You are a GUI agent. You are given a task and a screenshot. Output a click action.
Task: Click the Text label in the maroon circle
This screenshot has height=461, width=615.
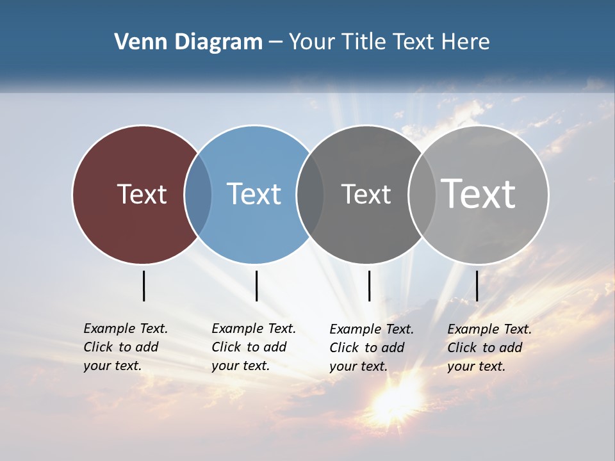[142, 194]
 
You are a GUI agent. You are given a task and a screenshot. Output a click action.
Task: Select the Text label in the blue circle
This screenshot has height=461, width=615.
[254, 194]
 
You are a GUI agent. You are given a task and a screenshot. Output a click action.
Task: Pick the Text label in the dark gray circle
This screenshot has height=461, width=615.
[366, 194]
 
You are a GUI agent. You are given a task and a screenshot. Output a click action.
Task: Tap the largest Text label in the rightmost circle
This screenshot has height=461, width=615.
[479, 193]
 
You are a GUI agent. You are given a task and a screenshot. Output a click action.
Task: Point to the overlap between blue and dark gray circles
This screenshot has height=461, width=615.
[310, 195]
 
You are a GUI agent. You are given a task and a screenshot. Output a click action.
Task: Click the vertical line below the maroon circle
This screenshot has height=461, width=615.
[143, 286]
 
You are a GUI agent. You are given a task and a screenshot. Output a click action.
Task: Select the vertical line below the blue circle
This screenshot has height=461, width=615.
[256, 286]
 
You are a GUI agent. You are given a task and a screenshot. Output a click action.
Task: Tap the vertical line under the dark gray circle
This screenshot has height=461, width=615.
[369, 286]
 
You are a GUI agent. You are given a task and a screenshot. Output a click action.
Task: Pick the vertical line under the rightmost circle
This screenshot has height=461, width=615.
[477, 286]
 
